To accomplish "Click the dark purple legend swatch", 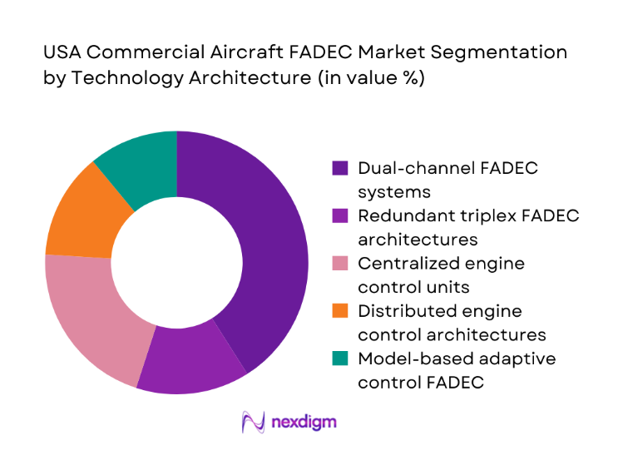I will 341,168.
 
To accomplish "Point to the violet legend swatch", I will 341,215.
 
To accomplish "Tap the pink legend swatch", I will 341,264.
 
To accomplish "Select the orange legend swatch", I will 341,311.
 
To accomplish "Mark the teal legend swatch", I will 341,359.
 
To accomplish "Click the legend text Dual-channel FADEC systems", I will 447,179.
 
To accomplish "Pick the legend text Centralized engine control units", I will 441,275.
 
